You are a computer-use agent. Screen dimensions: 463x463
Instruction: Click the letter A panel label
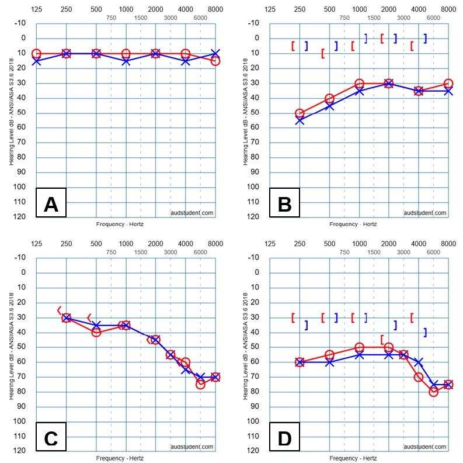pos(51,205)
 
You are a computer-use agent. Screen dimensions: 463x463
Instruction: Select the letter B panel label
pos(284,205)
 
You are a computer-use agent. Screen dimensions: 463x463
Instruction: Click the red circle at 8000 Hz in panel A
pos(215,61)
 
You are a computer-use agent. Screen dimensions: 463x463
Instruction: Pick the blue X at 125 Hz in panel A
pos(36,61)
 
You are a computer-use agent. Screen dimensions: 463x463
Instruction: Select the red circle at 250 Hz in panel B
pos(300,113)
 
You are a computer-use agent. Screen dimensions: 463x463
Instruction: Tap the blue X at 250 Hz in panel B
pos(300,120)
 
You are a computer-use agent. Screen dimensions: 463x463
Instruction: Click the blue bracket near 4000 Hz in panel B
pos(425,38)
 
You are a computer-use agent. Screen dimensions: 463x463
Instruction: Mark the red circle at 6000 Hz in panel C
pos(200,384)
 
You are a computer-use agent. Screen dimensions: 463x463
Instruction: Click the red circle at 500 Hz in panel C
pos(96,332)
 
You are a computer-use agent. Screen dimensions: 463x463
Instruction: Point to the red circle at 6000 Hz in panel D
pos(433,392)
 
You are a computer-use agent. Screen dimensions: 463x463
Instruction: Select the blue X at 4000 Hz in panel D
pos(419,362)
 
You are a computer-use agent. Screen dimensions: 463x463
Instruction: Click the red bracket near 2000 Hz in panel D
pos(382,339)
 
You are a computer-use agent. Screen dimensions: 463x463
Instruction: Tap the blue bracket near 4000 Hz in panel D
pos(425,332)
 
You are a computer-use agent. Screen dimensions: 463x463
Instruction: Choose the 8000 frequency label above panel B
pos(448,9)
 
